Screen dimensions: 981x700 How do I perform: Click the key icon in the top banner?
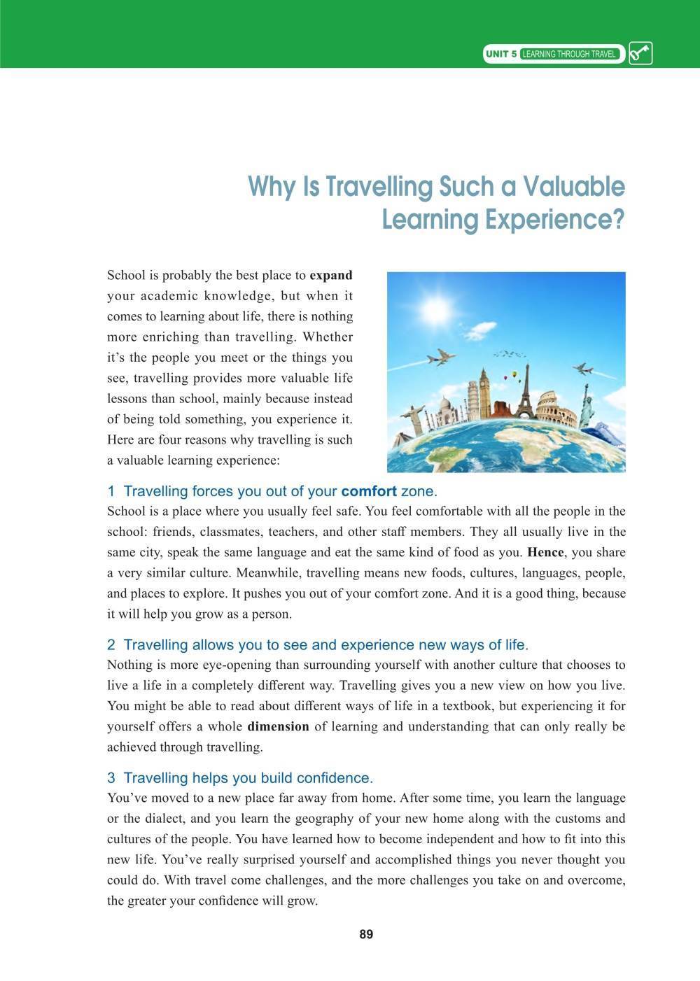tap(640, 54)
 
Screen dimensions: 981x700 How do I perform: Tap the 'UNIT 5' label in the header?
tap(502, 54)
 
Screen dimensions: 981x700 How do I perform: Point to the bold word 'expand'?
tap(331, 275)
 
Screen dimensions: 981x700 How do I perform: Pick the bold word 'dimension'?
tap(279, 726)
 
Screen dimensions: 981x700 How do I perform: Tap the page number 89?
tap(366, 935)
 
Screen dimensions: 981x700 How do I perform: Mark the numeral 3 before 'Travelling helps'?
tap(111, 778)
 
